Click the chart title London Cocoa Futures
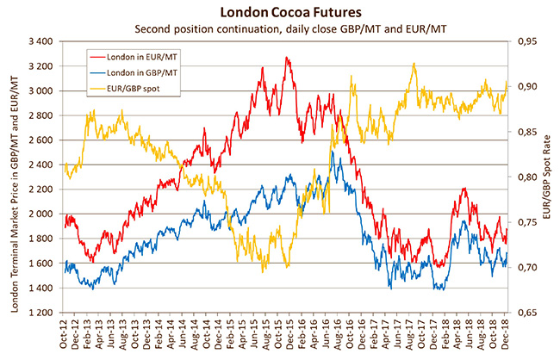point(280,12)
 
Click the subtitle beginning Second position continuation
point(280,28)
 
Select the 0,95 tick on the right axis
point(528,41)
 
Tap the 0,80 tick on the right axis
point(528,177)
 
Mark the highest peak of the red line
point(287,58)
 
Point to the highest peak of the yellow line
point(414,64)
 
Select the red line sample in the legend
point(105,56)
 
